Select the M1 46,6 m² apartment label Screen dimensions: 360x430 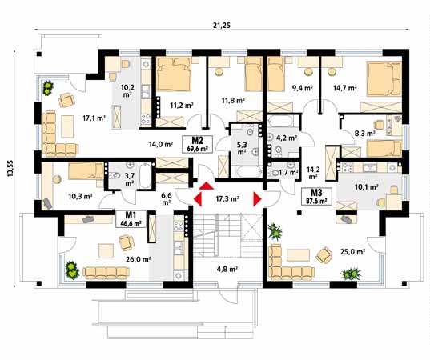pyautogui.click(x=128, y=220)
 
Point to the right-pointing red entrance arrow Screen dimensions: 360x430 pyautogui.click(x=258, y=198)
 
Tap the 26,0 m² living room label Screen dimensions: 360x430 pyautogui.click(x=114, y=259)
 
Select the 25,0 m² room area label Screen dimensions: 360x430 pyautogui.click(x=352, y=252)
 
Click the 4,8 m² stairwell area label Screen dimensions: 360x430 pyautogui.click(x=228, y=270)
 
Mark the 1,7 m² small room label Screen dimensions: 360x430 pyautogui.click(x=286, y=172)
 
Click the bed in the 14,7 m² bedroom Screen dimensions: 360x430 pyautogui.click(x=382, y=78)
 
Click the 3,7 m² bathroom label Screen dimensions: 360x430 pyautogui.click(x=130, y=178)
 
